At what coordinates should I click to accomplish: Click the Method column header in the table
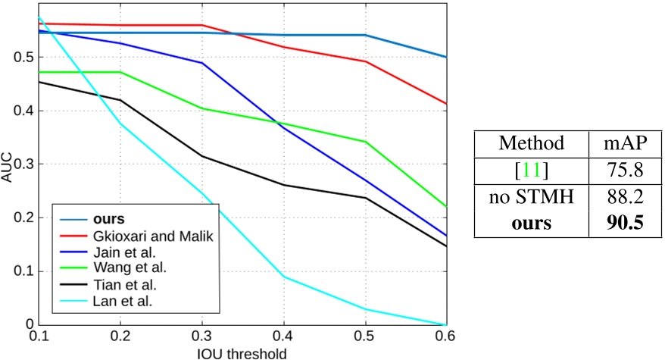pyautogui.click(x=530, y=143)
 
